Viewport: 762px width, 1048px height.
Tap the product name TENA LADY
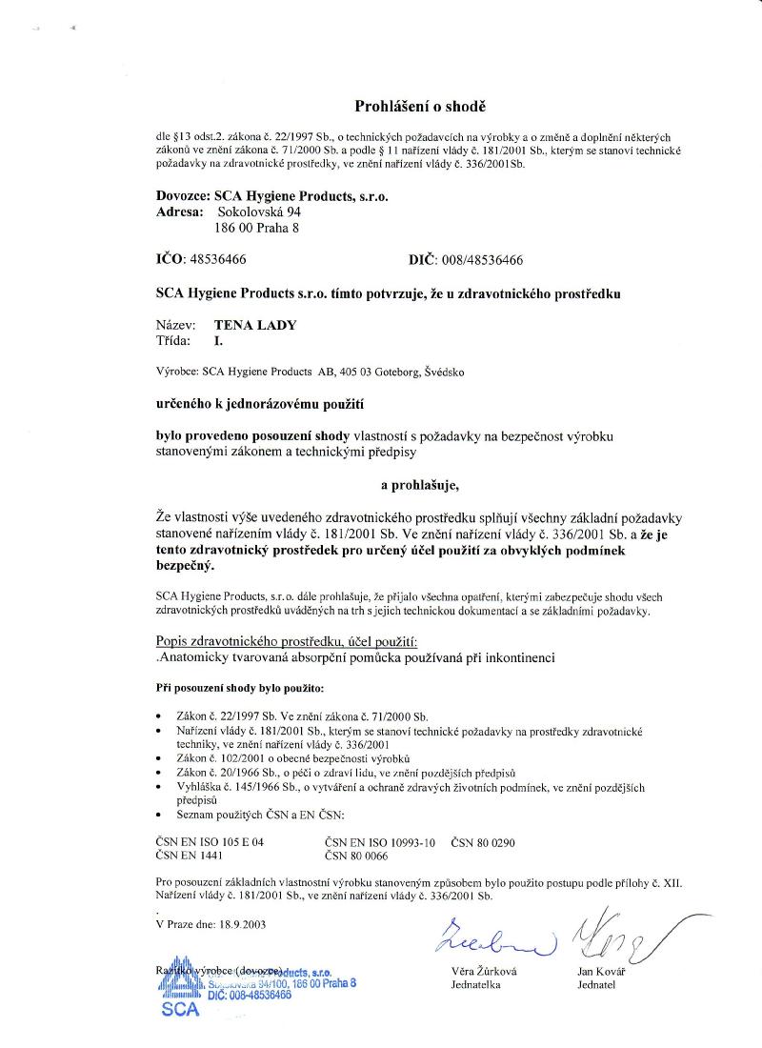[x=255, y=324]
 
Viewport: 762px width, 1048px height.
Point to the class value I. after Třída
[x=218, y=339]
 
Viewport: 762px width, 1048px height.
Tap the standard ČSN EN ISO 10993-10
[x=380, y=842]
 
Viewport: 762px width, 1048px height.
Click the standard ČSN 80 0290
[x=483, y=842]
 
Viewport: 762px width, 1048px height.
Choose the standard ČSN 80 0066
[x=357, y=857]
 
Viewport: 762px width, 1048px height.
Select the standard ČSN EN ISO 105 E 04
[x=210, y=842]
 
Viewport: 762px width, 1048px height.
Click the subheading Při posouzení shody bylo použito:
[x=239, y=686]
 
